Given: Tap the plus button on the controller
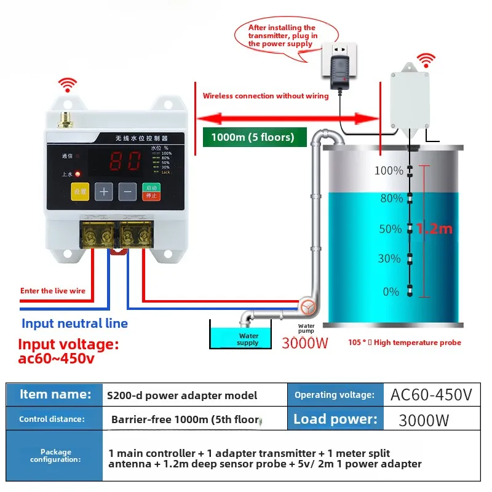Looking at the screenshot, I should [104, 191].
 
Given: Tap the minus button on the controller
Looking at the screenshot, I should [127, 191].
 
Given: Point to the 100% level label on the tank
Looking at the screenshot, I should [389, 170].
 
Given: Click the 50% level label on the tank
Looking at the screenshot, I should [390, 229].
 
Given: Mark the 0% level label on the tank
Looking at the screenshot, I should [391, 292].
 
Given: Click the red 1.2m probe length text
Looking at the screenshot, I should [434, 229].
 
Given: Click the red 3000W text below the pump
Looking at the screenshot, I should [305, 343].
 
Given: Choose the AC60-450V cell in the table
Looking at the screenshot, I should [431, 395].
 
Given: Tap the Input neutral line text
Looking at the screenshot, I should [74, 323].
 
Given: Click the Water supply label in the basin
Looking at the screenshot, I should [248, 339].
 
